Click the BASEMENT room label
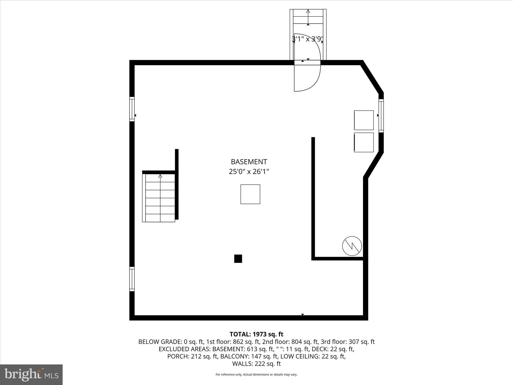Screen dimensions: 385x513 249,162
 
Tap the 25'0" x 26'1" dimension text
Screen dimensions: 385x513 249,172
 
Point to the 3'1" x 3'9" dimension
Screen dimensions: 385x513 308,39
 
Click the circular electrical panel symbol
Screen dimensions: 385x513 352,246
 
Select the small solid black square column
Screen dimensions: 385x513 238,259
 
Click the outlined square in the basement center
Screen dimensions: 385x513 250,194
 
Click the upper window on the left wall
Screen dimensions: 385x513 132,109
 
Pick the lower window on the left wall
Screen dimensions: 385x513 132,279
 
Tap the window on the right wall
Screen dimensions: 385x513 381,116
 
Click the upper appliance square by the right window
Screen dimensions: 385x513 364,120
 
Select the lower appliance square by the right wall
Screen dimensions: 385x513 364,142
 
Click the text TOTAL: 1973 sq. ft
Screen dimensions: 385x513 256,334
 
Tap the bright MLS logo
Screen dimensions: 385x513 31,374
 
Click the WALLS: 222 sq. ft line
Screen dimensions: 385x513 256,364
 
